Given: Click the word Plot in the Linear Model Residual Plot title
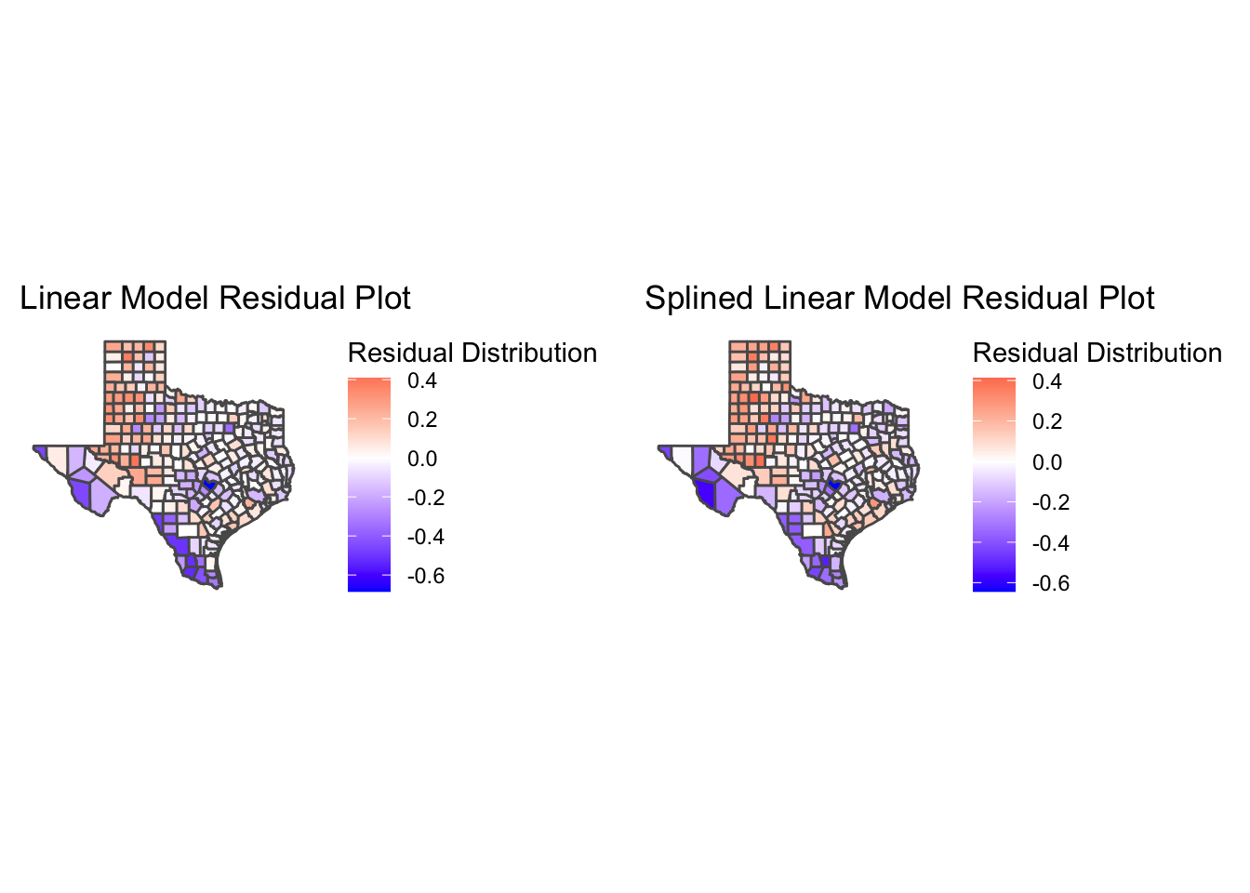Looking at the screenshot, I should coord(380,299).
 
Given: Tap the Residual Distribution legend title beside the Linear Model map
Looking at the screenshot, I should coord(472,353).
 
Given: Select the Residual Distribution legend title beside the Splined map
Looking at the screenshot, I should coord(1097,353).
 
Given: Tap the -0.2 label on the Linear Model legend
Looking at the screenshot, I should coord(426,498).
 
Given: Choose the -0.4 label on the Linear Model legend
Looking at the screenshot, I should coord(426,537).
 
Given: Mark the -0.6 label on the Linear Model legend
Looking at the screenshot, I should coord(426,576).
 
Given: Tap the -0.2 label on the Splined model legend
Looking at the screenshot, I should coord(1051,502).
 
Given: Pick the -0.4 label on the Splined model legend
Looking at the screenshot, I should coord(1051,543).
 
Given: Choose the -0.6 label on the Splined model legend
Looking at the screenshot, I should coord(1051,583).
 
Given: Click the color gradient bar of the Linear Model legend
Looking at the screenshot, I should coord(368,484).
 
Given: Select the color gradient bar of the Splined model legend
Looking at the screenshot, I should coord(993,484).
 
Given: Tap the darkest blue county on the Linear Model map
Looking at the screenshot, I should coord(209,484).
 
